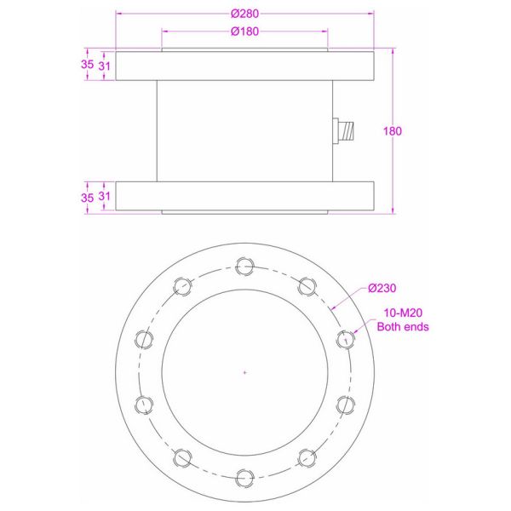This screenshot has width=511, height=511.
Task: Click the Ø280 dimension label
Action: pyautogui.click(x=244, y=14)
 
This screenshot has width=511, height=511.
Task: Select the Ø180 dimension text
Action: pyautogui.click(x=244, y=32)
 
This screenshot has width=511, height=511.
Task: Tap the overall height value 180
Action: pyautogui.click(x=393, y=131)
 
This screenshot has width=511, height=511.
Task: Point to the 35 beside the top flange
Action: pyautogui.click(x=87, y=65)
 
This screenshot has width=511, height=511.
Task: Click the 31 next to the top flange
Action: pyautogui.click(x=105, y=65)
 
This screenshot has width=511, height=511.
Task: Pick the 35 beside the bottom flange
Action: pyautogui.click(x=87, y=197)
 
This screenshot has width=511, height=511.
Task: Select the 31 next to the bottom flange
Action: pyautogui.click(x=105, y=197)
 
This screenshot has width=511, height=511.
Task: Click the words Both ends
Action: pyautogui.click(x=403, y=326)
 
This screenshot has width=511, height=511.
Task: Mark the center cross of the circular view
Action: pyautogui.click(x=244, y=372)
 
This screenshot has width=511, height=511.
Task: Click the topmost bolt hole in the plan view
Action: pyautogui.click(x=244, y=266)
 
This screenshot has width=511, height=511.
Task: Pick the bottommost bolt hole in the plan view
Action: pyautogui.click(x=244, y=477)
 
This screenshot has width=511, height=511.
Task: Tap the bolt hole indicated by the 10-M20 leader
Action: pyautogui.click(x=345, y=339)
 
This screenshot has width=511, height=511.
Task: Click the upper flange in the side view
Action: pyautogui.click(x=244, y=66)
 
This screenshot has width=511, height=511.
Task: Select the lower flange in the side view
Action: pyautogui.click(x=244, y=196)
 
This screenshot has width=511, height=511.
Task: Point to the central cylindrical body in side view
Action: pyautogui.click(x=244, y=131)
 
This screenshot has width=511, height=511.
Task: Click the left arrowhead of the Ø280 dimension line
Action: pyautogui.click(x=118, y=14)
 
